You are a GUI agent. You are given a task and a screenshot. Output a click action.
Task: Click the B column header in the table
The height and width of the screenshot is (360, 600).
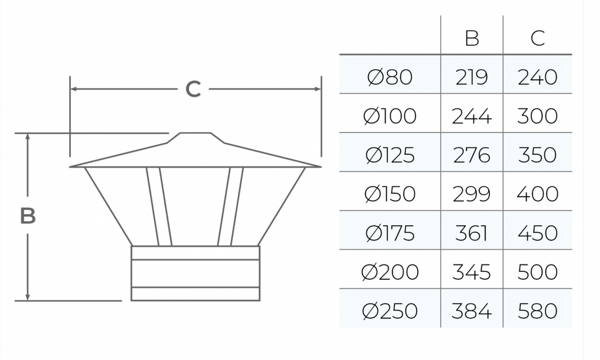pos(472,38)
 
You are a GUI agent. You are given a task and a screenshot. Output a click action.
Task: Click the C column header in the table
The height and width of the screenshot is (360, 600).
pos(538,38)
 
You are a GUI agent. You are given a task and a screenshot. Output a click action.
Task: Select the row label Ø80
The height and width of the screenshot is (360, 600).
pos(390,77)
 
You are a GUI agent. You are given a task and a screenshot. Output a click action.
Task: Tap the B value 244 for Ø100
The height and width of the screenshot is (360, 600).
pos(472,116)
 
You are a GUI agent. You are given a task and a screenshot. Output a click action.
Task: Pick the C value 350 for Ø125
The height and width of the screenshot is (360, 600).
pos(537,155)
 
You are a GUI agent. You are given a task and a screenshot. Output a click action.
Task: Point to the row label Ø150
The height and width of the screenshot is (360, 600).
pos(390,194)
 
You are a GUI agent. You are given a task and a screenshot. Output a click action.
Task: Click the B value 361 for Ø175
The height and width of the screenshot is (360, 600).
pos(472,233)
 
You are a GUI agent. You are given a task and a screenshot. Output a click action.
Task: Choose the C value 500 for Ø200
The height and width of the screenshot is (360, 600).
pos(537,272)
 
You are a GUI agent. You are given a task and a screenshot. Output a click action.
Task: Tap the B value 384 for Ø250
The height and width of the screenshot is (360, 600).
pos(472,311)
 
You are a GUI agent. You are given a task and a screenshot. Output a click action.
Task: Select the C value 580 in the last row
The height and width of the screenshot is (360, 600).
pos(537,311)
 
